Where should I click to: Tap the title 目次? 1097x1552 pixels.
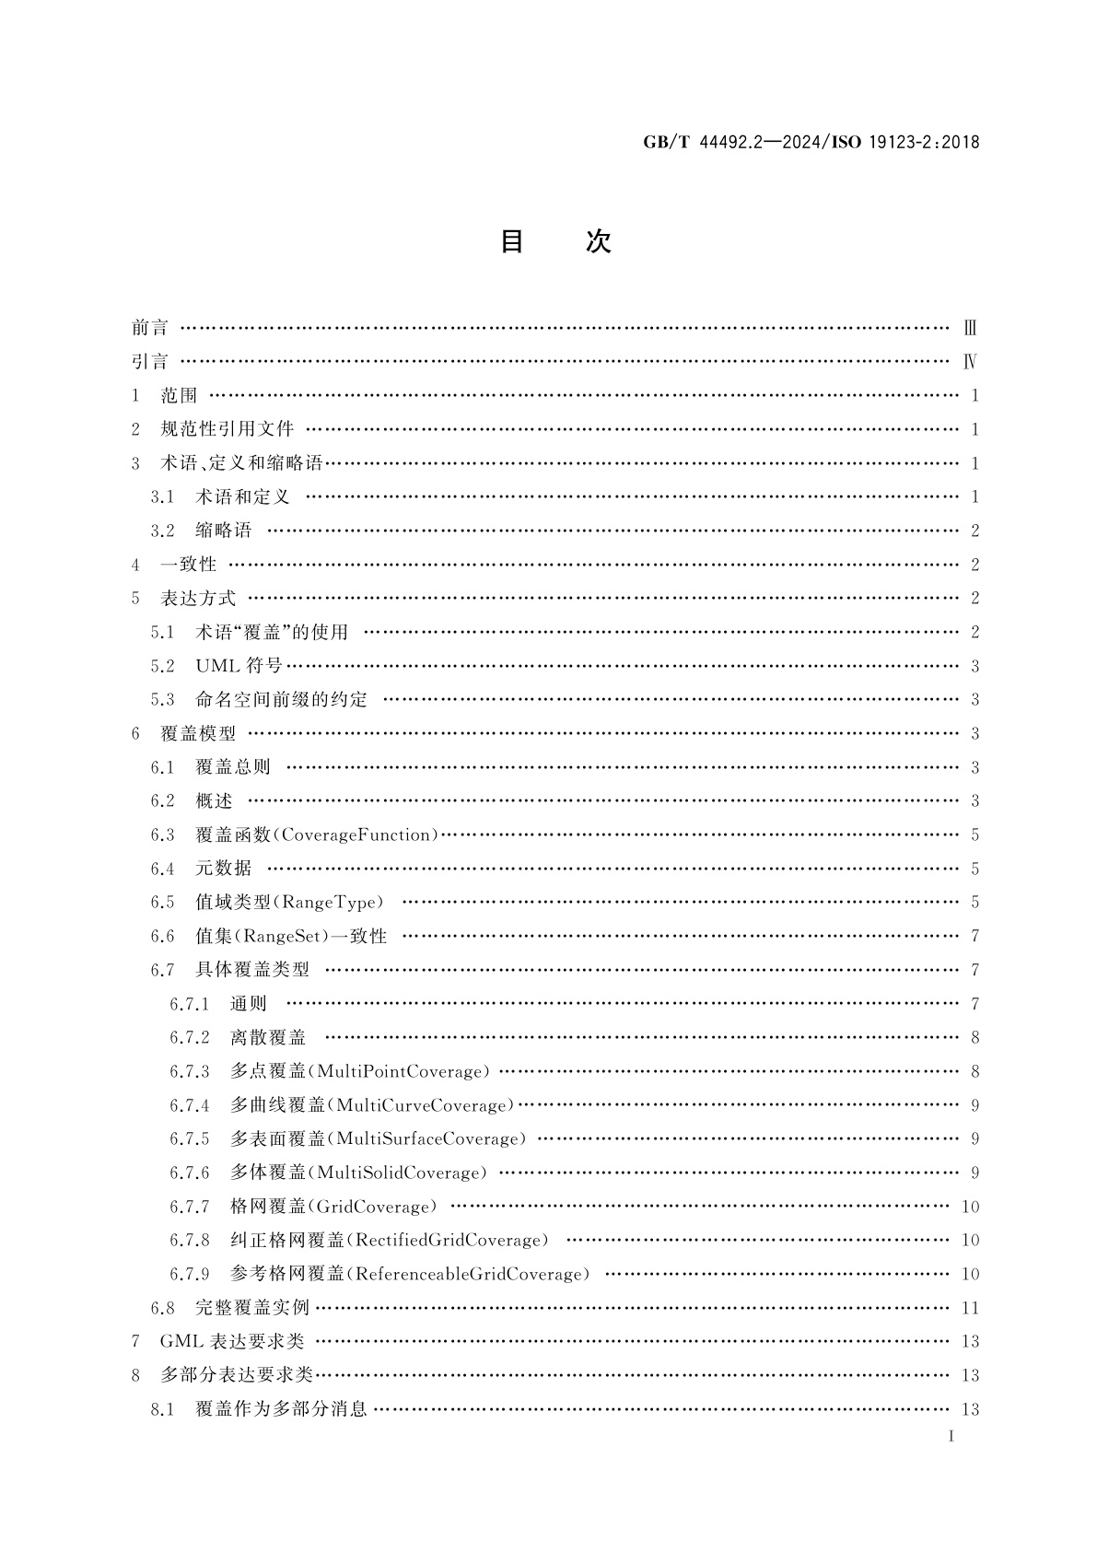coord(554,241)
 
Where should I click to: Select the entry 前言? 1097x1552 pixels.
coord(150,328)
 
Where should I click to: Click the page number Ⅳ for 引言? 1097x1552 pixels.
coord(970,362)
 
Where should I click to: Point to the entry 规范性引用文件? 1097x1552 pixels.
coord(228,429)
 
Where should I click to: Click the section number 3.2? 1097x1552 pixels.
coord(162,531)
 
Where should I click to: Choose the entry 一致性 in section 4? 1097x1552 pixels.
coord(189,565)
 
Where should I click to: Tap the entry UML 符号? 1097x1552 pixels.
coord(239,666)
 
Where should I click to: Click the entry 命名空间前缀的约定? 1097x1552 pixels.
coord(281,700)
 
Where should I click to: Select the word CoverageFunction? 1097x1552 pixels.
coord(357,835)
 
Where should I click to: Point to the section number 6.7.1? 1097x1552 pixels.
coord(189,1004)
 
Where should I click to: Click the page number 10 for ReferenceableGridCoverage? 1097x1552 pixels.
coord(970,1275)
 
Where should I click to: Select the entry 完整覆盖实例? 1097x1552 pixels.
coord(252,1308)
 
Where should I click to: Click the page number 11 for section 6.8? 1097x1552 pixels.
coord(970,1308)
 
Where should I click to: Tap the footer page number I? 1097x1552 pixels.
coord(950,1436)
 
